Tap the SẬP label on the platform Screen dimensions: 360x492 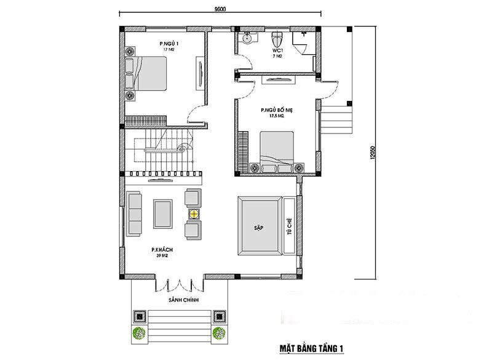click(258, 227)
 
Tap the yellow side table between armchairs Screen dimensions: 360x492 click(193, 214)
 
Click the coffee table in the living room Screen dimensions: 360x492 click(164, 214)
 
